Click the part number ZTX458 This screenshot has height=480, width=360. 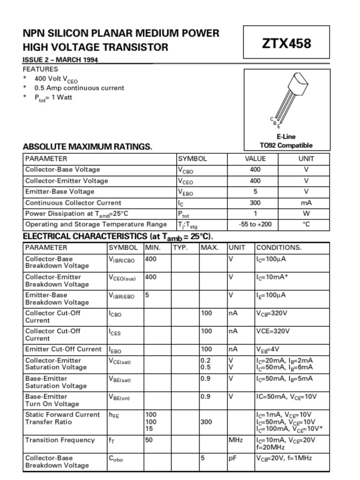tap(286, 44)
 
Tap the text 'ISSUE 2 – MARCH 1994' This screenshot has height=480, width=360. tap(60, 60)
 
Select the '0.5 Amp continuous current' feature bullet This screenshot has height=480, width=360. tap(79, 88)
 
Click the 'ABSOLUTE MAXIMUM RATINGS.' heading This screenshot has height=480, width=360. tap(88, 146)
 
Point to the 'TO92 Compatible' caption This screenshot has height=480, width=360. tap(286, 145)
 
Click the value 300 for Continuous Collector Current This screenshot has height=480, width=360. tap(255, 203)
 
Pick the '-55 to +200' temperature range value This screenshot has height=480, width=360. tap(255, 224)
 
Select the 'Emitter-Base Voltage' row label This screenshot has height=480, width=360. tap(60, 191)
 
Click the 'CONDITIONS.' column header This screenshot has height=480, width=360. tap(279, 247)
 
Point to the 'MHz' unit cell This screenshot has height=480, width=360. tap(235, 440)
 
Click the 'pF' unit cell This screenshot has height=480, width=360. tap(232, 458)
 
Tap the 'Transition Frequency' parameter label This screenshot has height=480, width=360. tap(60, 440)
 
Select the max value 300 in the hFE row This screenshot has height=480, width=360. tap(206, 422)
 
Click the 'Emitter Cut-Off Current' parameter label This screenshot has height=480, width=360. tap(63, 349)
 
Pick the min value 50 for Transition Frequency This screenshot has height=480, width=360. tap(149, 440)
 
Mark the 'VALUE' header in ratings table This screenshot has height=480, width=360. tap(255, 158)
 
